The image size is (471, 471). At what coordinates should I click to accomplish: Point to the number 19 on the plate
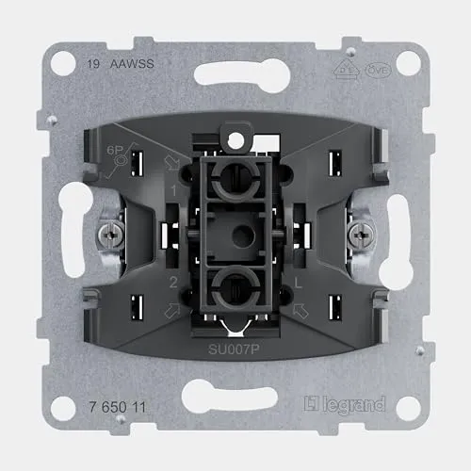[92, 67]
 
